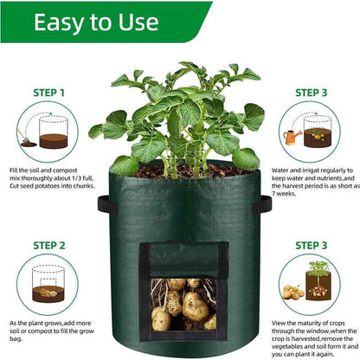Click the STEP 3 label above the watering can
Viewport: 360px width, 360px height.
point(312,92)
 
